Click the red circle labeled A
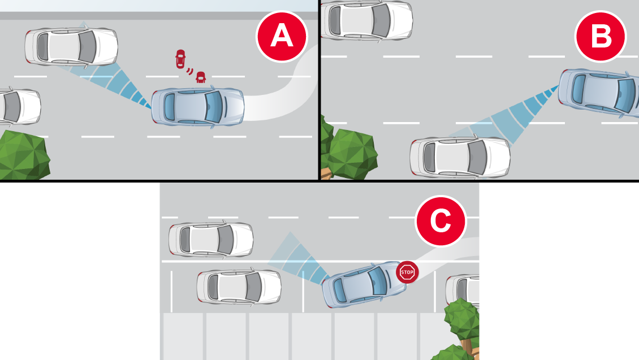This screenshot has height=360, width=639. click(x=282, y=36)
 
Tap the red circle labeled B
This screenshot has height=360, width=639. click(x=601, y=36)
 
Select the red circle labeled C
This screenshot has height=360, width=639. click(x=441, y=221)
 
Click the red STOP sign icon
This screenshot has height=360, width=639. click(x=407, y=272)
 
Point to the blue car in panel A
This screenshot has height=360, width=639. click(x=198, y=106)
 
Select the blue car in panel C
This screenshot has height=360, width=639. click(x=364, y=284)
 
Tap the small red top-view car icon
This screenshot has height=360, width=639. click(x=180, y=59)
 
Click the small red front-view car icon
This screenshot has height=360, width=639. click(x=201, y=77)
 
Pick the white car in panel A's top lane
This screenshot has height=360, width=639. click(x=71, y=46)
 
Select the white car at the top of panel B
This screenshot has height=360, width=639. click(x=367, y=20)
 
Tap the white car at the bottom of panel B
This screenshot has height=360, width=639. click(x=460, y=157)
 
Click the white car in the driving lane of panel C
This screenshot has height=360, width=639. click(x=211, y=240)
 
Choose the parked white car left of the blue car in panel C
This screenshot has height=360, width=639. click(x=239, y=287)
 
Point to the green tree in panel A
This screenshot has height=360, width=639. click(x=24, y=155)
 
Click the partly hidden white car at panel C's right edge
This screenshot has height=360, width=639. click(x=462, y=290)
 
